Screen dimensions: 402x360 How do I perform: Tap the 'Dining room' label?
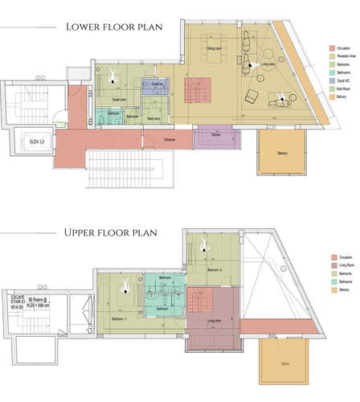214,51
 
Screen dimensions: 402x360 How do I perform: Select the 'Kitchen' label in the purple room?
216,134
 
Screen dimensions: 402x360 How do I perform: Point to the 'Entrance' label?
170,140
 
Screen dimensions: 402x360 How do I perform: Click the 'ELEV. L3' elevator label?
36,142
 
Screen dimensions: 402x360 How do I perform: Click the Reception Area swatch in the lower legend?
332,56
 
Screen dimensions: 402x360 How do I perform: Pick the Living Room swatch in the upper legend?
332,262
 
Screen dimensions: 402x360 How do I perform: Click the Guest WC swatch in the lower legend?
332,80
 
